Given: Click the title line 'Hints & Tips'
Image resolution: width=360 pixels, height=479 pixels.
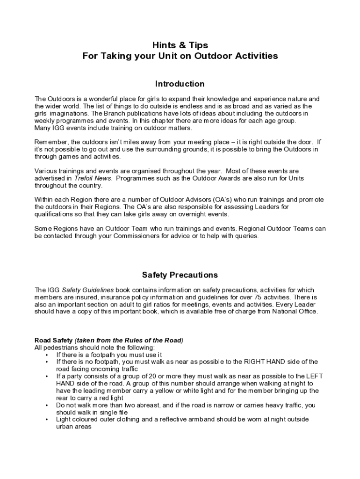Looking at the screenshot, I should (x=180, y=45).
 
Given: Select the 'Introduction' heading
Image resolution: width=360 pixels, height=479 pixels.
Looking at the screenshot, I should (x=180, y=84).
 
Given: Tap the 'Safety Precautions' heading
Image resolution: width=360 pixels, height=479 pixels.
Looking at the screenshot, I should (x=180, y=275).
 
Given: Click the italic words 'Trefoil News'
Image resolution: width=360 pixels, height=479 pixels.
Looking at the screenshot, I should (x=93, y=178).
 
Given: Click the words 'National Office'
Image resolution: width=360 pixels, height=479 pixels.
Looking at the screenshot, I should (x=295, y=311).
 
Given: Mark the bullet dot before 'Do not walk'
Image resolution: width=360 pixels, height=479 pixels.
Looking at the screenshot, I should (x=47, y=405).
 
